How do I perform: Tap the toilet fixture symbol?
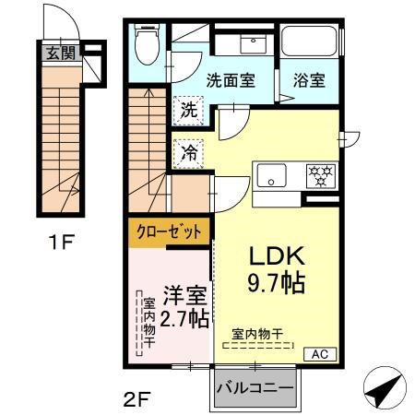[x=147, y=42]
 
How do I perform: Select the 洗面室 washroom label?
[x=229, y=80]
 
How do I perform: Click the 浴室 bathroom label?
[x=309, y=80]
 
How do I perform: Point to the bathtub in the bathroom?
[x=309, y=44]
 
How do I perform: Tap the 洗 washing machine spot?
[x=188, y=108]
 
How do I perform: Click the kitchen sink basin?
[x=274, y=173]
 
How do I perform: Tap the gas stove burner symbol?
[x=321, y=173]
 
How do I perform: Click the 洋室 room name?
[x=184, y=298]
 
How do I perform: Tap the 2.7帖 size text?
[x=184, y=320]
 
